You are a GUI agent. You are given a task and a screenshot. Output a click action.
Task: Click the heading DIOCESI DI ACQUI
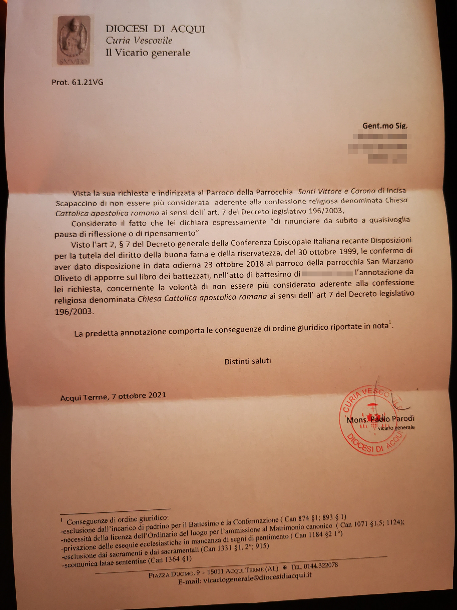155,29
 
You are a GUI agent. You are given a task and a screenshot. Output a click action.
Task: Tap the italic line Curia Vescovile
139,41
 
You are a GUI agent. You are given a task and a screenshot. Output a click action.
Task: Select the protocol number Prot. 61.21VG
77,82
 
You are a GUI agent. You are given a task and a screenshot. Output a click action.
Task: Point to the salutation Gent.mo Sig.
385,126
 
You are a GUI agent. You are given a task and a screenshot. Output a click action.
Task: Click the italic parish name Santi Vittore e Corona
336,191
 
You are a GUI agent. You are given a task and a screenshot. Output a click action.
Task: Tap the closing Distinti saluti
248,361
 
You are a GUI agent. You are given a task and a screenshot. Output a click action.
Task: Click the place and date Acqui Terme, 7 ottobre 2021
113,396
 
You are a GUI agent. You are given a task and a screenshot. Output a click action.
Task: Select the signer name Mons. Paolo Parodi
380,419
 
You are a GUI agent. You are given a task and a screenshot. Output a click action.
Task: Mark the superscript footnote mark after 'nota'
390,322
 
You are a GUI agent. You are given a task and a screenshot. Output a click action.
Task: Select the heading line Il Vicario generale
148,53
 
